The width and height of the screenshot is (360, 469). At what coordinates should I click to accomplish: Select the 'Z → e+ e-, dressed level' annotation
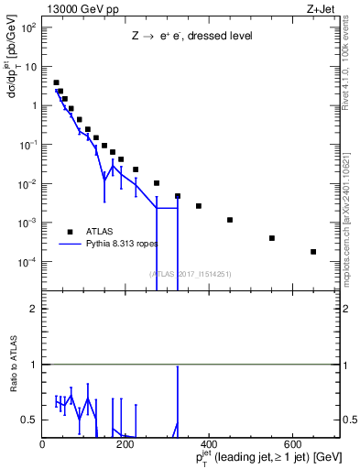(191, 38)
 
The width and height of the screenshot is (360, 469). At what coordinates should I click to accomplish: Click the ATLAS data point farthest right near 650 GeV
(313, 252)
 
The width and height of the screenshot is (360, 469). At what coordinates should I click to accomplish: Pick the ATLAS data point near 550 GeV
(272, 238)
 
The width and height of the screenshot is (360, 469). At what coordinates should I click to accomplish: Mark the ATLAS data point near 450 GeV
(230, 220)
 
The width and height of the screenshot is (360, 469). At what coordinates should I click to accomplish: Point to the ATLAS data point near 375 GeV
(199, 206)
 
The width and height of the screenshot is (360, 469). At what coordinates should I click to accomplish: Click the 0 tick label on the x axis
(42, 443)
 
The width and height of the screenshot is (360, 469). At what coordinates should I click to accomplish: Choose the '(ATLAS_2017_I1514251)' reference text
(191, 273)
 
